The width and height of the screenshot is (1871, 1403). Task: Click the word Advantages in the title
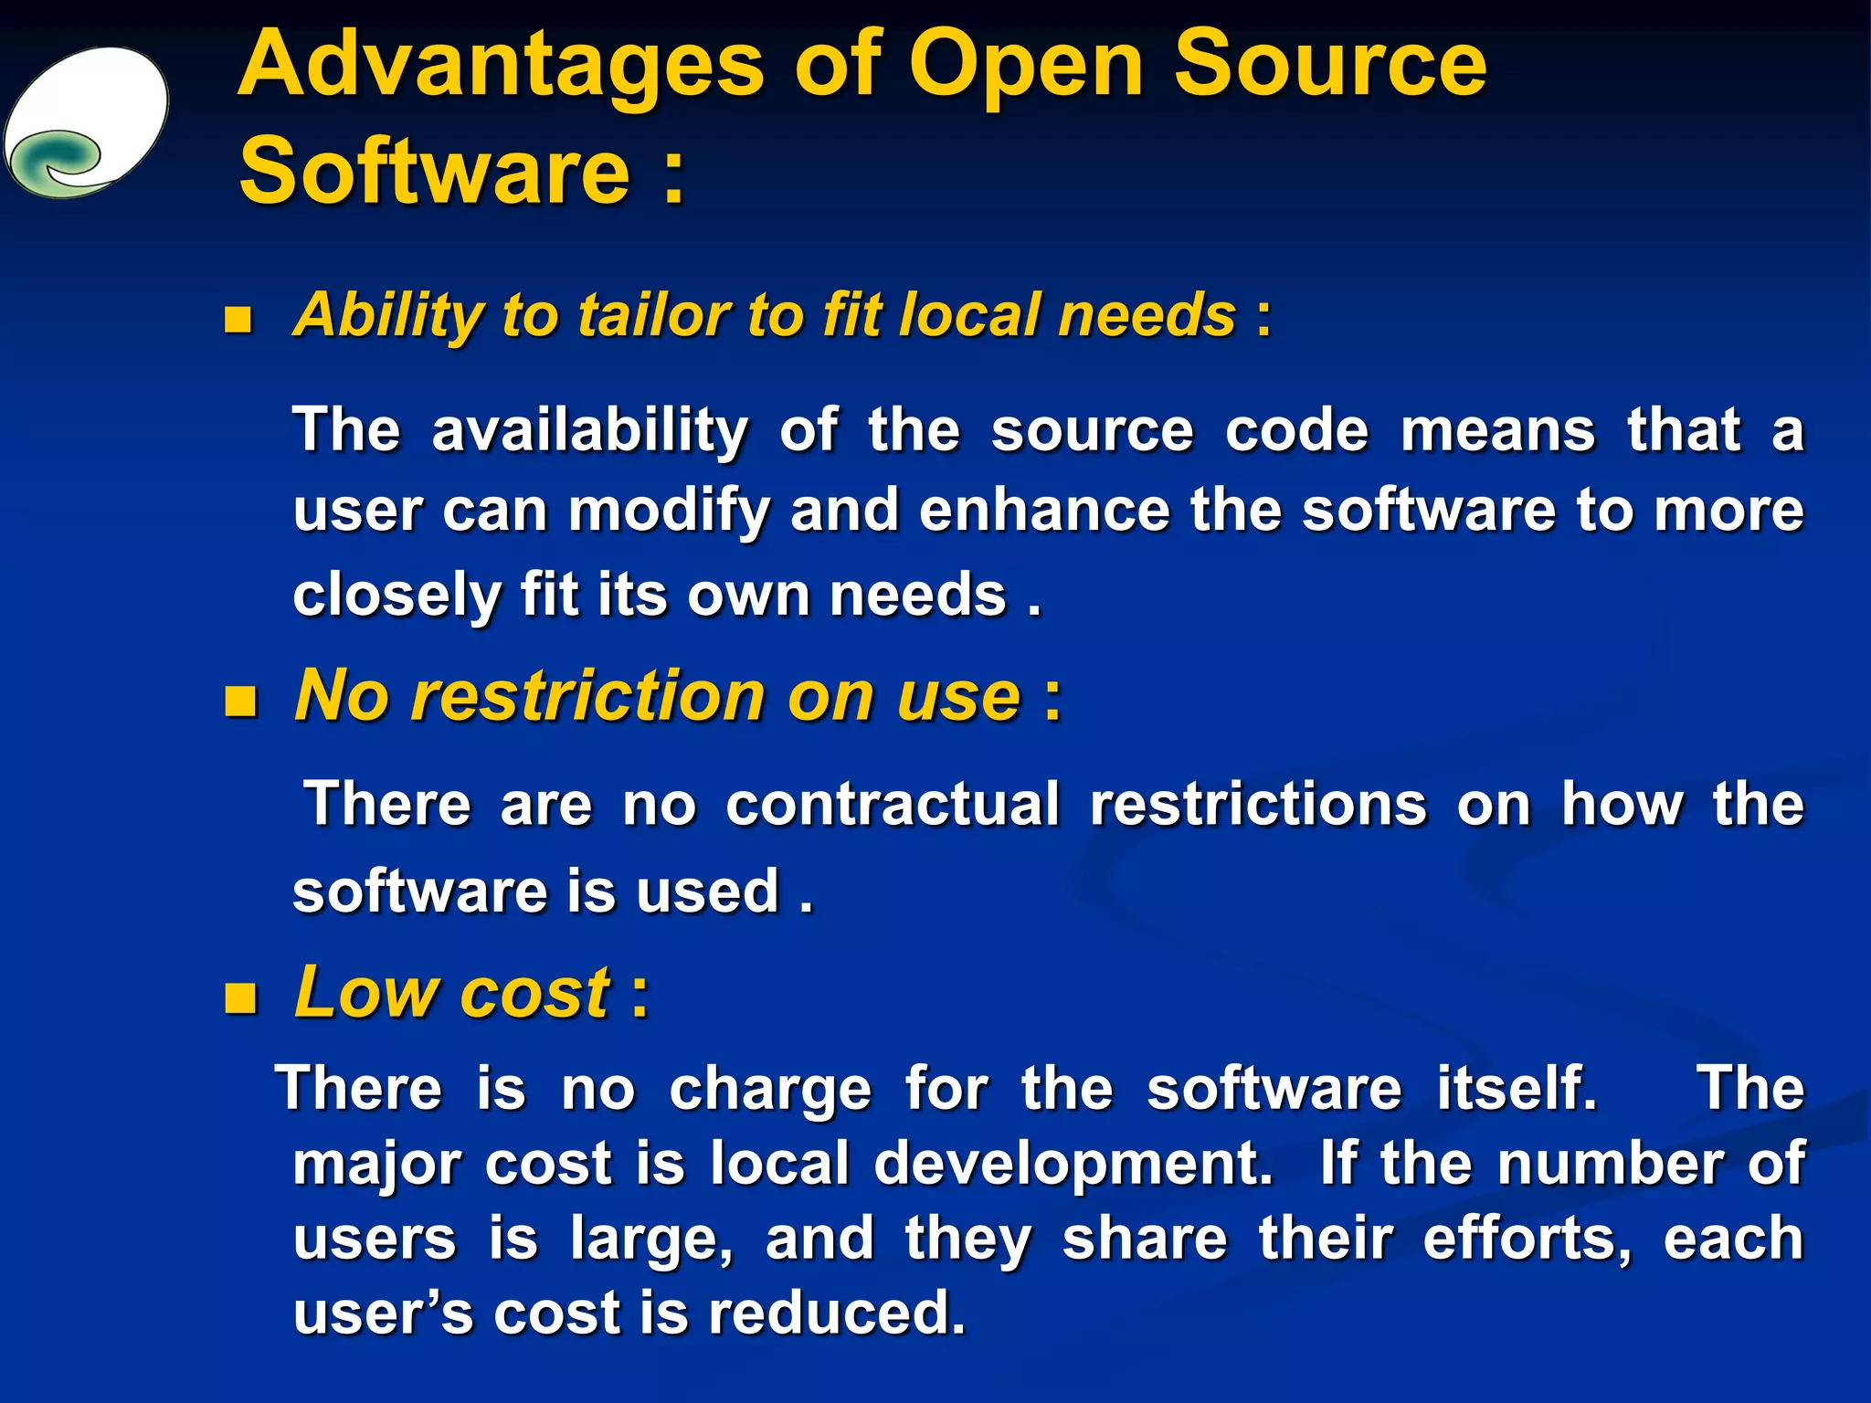pyautogui.click(x=501, y=66)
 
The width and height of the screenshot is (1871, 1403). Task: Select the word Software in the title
pyautogui.click(x=435, y=171)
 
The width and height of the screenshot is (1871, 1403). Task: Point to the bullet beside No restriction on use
pyautogui.click(x=241, y=701)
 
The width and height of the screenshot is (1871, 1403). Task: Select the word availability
pyautogui.click(x=589, y=431)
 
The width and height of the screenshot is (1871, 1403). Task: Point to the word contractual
pyautogui.click(x=893, y=805)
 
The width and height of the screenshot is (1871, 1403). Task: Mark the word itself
pyautogui.click(x=1517, y=1089)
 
